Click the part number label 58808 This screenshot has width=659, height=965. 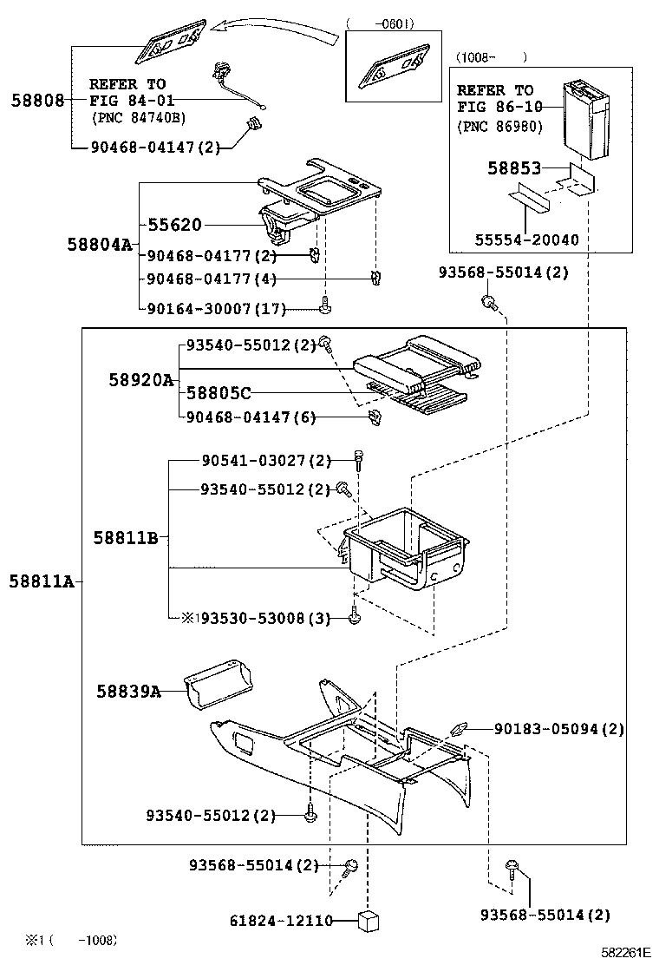(x=37, y=101)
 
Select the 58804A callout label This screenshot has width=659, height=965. (x=100, y=246)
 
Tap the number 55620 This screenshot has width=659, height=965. (x=173, y=226)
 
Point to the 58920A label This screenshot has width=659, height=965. (x=141, y=380)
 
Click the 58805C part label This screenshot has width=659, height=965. (x=219, y=393)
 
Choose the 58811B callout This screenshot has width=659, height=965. (x=126, y=538)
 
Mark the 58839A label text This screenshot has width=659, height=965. (x=128, y=692)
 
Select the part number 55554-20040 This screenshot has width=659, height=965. (x=526, y=240)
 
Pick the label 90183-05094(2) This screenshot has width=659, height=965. (x=558, y=730)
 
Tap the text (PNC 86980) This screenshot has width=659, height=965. (x=499, y=127)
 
